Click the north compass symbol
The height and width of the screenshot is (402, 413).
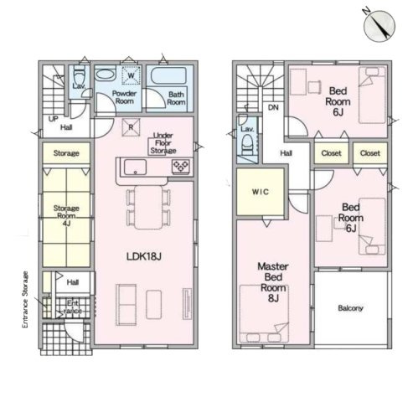point(379,25)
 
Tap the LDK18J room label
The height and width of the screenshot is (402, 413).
point(144,256)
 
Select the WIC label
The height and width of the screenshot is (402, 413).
point(261,192)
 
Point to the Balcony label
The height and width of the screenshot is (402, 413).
point(350,308)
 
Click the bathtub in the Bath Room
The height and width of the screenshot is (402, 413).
point(168,75)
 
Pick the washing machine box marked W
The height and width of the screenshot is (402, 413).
point(131,75)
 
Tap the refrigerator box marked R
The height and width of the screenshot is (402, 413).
point(131,127)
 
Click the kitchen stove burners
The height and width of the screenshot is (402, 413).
point(181,166)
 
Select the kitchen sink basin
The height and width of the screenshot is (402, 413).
point(135,167)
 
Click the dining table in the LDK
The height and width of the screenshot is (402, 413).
point(148,207)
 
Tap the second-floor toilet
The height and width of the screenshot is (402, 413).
point(247,145)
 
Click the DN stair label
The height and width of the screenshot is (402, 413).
point(273,107)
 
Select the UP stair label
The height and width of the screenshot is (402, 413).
point(53,119)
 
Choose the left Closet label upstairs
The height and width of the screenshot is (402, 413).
point(331,153)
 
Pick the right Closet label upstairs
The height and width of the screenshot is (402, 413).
point(370,153)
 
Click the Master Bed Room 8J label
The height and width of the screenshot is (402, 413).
point(273,282)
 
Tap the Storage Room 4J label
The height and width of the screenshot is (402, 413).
point(66,215)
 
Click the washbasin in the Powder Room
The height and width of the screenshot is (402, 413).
point(106,75)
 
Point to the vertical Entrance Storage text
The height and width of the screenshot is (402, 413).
point(25,300)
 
